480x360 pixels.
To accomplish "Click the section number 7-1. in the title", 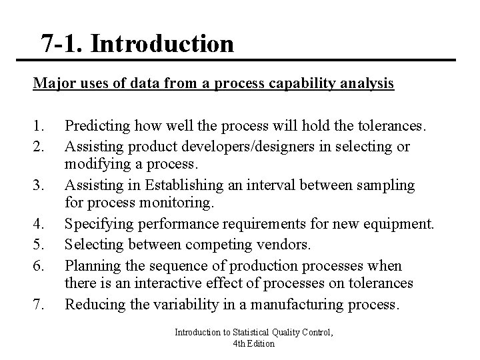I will (61, 44).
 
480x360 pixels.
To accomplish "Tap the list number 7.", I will (38, 305).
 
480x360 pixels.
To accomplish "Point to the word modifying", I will (95, 163).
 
